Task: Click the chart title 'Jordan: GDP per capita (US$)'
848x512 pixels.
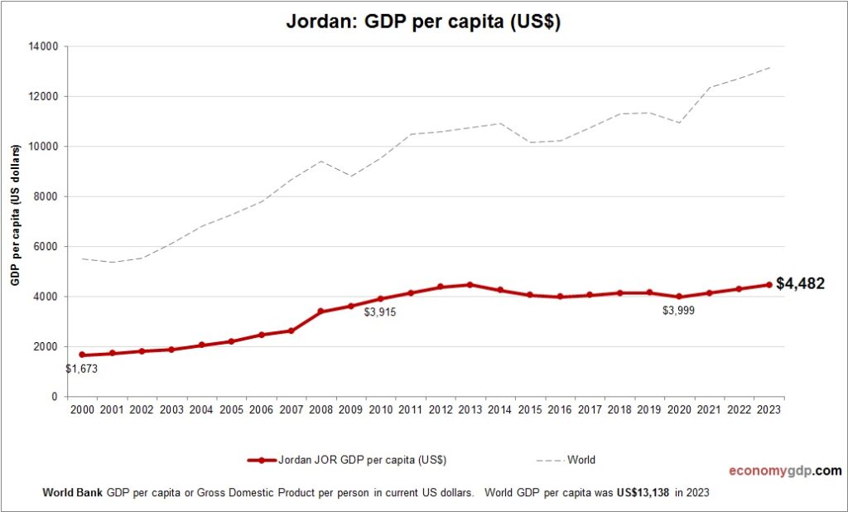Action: pyautogui.click(x=423, y=22)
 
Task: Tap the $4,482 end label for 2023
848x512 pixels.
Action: pyautogui.click(x=799, y=284)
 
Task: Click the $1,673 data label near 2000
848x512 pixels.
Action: pyautogui.click(x=82, y=370)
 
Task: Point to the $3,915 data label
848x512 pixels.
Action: pyautogui.click(x=380, y=312)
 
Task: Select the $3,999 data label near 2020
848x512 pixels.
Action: pyautogui.click(x=678, y=310)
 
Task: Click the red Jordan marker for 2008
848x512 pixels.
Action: pyautogui.click(x=320, y=312)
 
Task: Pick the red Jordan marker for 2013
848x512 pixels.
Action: pyautogui.click(x=470, y=284)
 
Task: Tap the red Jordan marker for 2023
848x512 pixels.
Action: pyautogui.click(x=768, y=284)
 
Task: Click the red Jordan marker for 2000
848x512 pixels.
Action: pyautogui.click(x=82, y=355)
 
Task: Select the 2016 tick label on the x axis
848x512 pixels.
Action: pyautogui.click(x=559, y=409)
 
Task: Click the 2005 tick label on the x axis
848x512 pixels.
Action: pyautogui.click(x=231, y=409)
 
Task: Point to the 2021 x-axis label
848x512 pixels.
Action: pyautogui.click(x=709, y=409)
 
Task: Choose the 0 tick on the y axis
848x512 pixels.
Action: pyautogui.click(x=53, y=397)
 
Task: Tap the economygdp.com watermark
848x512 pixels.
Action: pyautogui.click(x=784, y=471)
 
